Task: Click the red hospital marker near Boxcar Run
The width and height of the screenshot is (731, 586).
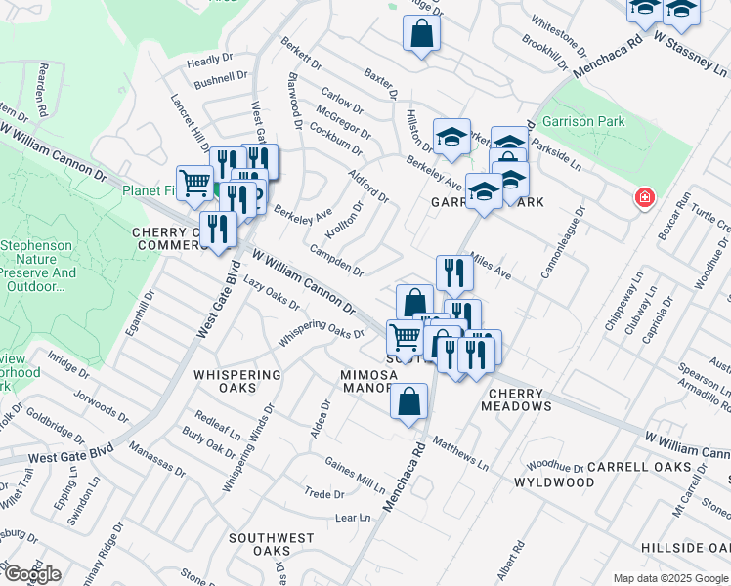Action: pyautogui.click(x=644, y=198)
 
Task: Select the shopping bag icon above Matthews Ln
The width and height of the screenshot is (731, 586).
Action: pyautogui.click(x=408, y=401)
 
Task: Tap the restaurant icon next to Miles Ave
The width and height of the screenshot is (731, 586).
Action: pyautogui.click(x=453, y=272)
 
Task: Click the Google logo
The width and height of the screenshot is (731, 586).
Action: pyautogui.click(x=31, y=574)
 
